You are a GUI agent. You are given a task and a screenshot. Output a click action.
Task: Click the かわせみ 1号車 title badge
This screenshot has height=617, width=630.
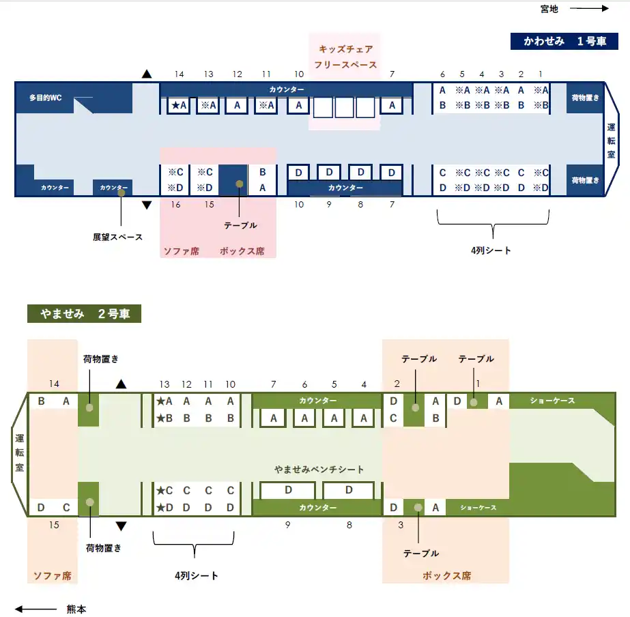(564, 41)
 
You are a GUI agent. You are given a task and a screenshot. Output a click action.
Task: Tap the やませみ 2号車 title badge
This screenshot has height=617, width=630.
(84, 314)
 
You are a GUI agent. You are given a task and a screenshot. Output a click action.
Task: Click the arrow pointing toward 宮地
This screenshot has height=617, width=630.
(589, 9)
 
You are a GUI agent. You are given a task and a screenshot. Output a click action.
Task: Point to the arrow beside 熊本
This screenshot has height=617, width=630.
(35, 609)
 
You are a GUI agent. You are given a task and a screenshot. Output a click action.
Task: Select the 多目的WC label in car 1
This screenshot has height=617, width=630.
(46, 98)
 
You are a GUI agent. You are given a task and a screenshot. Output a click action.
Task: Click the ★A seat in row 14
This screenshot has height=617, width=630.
(180, 105)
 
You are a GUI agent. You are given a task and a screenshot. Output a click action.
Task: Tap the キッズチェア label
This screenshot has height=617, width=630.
(345, 49)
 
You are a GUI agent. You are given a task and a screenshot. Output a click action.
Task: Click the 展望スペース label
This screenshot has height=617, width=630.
(118, 237)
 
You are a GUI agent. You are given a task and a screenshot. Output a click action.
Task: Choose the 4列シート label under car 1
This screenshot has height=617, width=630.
(491, 250)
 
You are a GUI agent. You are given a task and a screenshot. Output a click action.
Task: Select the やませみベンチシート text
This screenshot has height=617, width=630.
(319, 470)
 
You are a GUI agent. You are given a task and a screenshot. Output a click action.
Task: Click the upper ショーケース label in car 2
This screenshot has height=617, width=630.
(552, 401)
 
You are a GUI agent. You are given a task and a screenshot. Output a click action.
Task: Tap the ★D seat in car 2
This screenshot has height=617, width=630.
(164, 508)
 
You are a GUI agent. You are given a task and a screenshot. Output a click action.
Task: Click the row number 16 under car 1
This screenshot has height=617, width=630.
(176, 204)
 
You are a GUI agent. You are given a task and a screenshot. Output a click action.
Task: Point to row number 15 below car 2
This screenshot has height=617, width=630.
(55, 525)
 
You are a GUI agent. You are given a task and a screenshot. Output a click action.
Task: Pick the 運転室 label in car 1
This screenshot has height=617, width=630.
(611, 141)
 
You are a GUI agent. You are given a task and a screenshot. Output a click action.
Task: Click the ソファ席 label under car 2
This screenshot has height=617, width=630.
(53, 575)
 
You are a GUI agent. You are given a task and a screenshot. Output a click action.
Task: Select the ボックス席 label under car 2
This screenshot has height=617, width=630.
(446, 575)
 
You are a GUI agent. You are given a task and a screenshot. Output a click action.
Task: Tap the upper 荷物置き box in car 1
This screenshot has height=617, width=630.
(585, 98)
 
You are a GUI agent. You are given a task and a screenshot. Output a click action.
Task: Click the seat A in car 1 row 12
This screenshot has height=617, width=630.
(237, 105)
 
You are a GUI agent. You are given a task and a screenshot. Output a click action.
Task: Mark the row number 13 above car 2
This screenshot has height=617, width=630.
(164, 384)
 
